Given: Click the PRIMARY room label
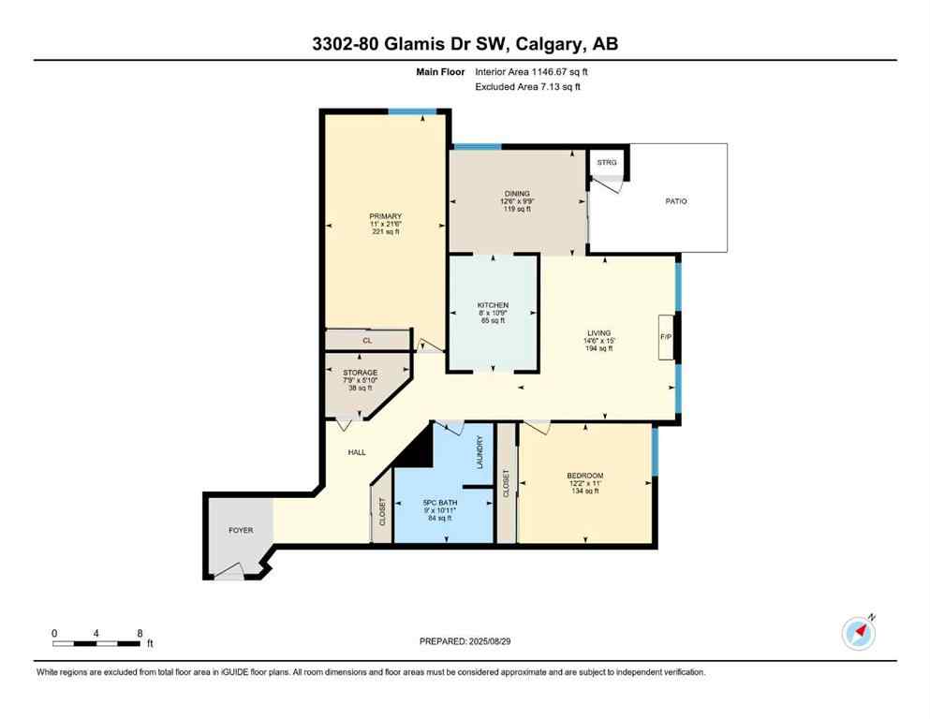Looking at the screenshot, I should pos(384,216).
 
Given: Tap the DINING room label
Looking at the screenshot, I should pos(516,194).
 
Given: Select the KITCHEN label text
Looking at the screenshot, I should pos(493,305).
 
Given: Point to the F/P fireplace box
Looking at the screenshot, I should pos(666,336).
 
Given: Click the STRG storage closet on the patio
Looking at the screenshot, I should pos(606,162).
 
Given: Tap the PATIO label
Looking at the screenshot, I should pos(676,201).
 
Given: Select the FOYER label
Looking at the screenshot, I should pos(241,531).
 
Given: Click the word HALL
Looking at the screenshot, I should pos(356,452).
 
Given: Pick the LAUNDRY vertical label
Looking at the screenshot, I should pos(480,453).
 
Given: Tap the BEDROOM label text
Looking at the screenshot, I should pos(585,476).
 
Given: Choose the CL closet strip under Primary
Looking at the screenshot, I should pos(367,341).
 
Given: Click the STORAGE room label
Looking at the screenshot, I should pos(361,373).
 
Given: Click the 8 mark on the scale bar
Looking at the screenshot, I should pos(140,633).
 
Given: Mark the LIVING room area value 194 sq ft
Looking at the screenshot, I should pos(598,348).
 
